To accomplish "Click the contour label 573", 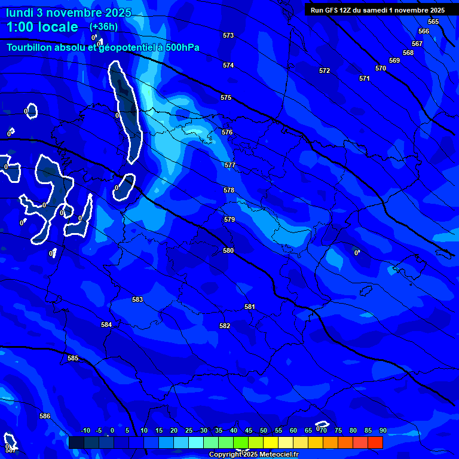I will click(228, 36).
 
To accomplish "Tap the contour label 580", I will click(228, 251).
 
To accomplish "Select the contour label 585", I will click(73, 359).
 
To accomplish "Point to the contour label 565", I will click(433, 22).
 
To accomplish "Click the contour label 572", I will click(325, 71).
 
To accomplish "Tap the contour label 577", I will click(230, 166).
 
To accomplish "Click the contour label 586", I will click(45, 417).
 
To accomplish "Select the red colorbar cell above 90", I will click(375, 442).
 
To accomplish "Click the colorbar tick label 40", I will click(233, 431).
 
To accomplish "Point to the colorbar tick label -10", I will click(85, 431).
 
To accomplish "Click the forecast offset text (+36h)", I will click(103, 27).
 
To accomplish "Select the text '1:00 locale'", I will click(42, 27).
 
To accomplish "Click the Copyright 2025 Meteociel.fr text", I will click(253, 454).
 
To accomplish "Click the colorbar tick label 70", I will click(323, 431).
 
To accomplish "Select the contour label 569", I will click(394, 61).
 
